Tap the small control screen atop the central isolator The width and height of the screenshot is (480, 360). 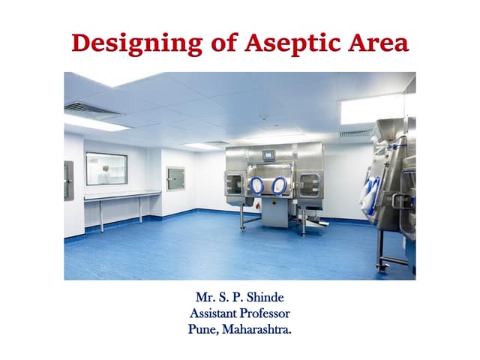(x=268, y=154)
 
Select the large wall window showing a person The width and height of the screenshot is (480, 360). (x=106, y=169)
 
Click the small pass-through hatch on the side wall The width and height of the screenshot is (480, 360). (x=175, y=178)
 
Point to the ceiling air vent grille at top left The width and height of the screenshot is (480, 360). (x=91, y=109)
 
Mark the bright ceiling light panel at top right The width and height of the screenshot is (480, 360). (x=372, y=109)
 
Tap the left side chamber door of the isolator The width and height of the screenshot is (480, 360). (x=235, y=184)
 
